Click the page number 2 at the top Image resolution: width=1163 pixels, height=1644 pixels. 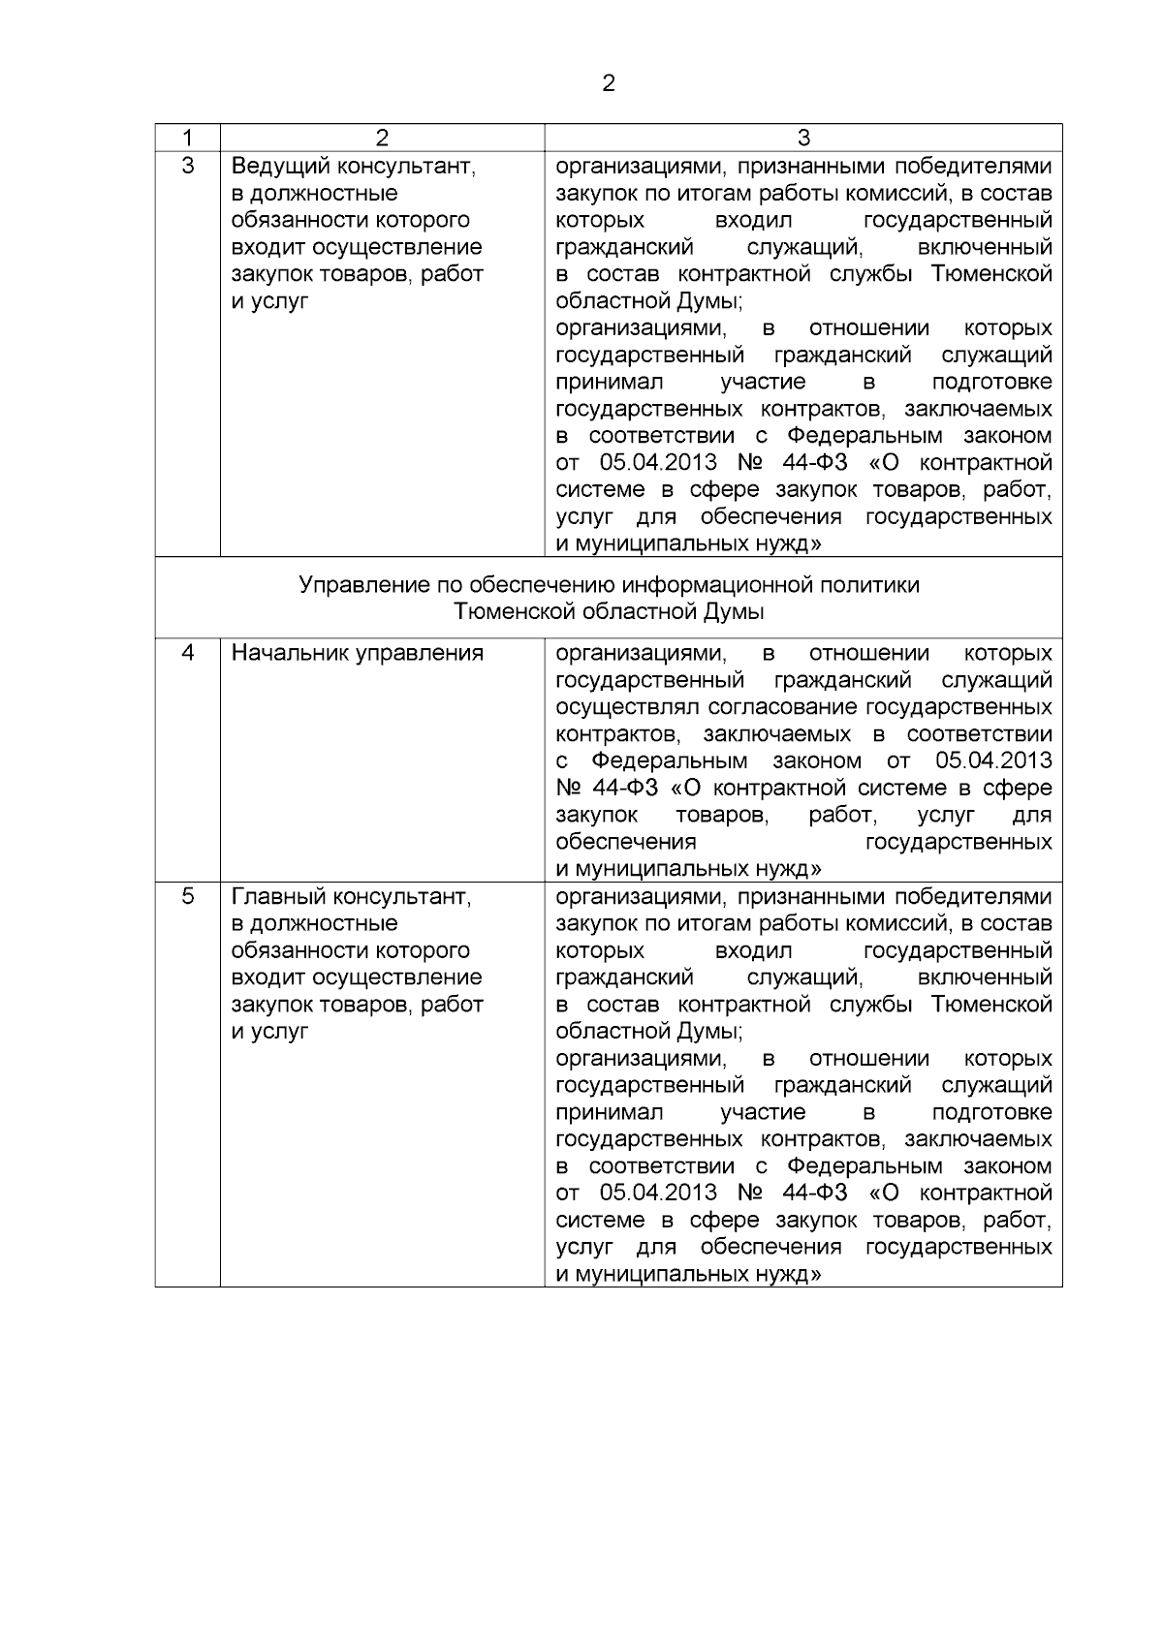coord(608,84)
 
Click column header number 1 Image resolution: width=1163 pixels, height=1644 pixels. coord(187,138)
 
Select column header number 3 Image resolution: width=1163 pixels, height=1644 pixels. coord(802,138)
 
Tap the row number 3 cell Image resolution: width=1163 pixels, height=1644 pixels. coord(187,166)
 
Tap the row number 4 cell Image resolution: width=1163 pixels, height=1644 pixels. coord(187,653)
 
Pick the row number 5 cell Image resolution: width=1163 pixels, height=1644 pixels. coord(187,896)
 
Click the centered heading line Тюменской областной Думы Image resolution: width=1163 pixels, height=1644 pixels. coord(609,612)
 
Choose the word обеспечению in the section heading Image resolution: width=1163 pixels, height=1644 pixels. coord(538,585)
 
